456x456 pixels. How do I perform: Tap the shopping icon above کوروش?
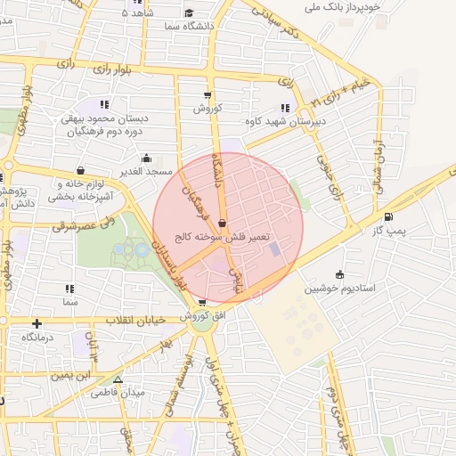pos(208,95)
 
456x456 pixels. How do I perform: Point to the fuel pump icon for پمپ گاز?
pos(387,217)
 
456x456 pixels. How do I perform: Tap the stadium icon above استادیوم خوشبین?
pos(339,274)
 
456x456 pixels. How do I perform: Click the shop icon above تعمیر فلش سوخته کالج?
pos(221,224)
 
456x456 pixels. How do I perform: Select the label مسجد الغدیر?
pos(147,170)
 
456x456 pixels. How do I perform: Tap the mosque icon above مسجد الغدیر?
pos(146,158)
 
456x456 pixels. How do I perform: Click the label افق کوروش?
pos(202,317)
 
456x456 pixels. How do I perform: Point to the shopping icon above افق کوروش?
pos(203,303)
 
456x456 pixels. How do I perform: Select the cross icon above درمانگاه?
pos(37,323)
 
